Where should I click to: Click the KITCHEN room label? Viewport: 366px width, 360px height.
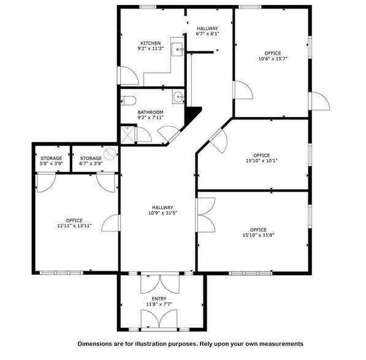(151, 43)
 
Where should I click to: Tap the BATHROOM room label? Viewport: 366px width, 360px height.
(151, 112)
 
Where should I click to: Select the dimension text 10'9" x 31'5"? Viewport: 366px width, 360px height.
(162, 213)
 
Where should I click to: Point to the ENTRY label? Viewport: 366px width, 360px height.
(159, 299)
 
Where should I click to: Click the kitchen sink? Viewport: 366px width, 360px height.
(177, 49)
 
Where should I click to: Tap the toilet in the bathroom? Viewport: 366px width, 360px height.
(128, 101)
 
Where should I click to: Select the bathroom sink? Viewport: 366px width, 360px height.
(178, 96)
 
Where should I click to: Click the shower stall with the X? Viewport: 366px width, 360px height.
(128, 135)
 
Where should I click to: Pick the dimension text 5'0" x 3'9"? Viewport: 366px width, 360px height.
(51, 163)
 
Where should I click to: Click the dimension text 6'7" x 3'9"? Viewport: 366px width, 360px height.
(91, 163)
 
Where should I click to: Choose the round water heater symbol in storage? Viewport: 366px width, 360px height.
(110, 154)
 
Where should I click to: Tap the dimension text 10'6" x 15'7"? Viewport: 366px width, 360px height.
(273, 59)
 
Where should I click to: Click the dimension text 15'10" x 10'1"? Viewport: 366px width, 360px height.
(262, 160)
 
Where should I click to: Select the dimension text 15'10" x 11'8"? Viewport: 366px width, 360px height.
(258, 235)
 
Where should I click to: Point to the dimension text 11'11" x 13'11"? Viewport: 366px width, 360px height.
(74, 226)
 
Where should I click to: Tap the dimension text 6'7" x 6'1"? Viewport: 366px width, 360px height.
(207, 34)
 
